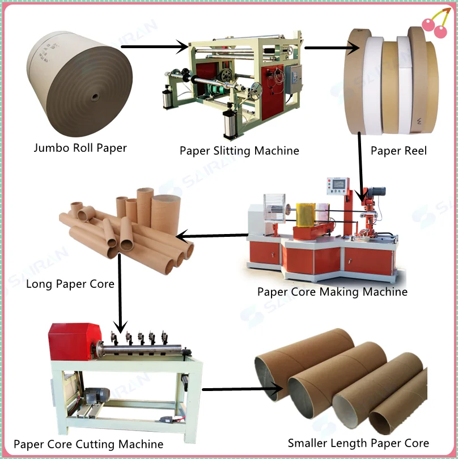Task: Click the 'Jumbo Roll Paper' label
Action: pos(80,148)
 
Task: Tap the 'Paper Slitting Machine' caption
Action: pos(239,151)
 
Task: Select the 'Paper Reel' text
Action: pos(398,151)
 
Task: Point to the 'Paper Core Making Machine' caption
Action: pos(332,292)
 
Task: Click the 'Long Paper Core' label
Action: pos(70,283)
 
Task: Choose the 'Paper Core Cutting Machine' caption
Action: pos(88,444)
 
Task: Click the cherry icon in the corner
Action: pos(434,25)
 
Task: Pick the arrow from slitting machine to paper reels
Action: pos(332,48)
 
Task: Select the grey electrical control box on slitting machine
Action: pos(294,78)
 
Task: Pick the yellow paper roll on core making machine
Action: pos(306,215)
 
